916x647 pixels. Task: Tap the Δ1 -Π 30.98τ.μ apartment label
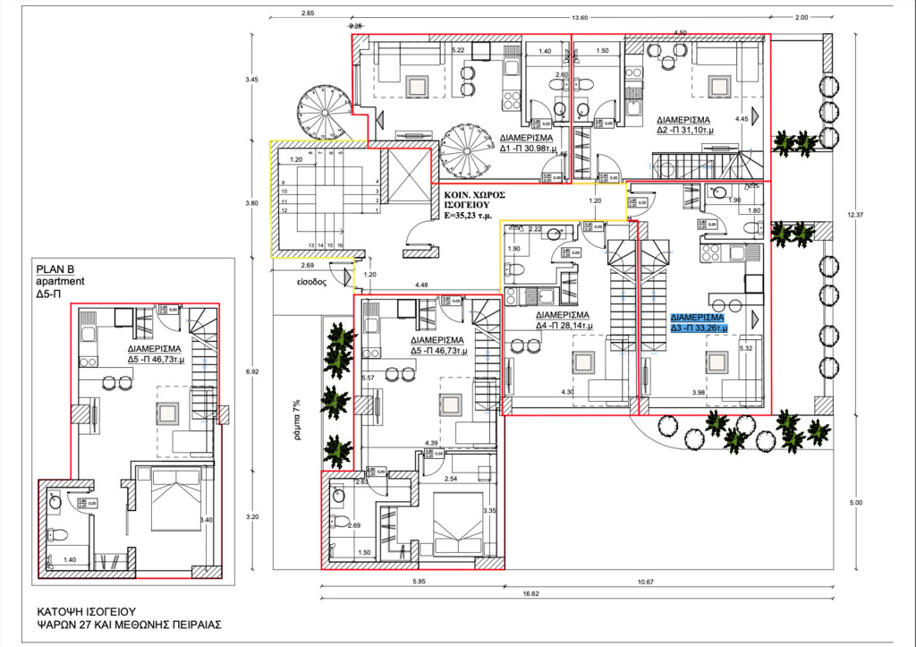pos(529,144)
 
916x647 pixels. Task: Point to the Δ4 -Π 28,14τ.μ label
pos(561,321)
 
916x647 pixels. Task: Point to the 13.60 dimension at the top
pos(580,18)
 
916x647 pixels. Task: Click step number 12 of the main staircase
pos(284,211)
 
